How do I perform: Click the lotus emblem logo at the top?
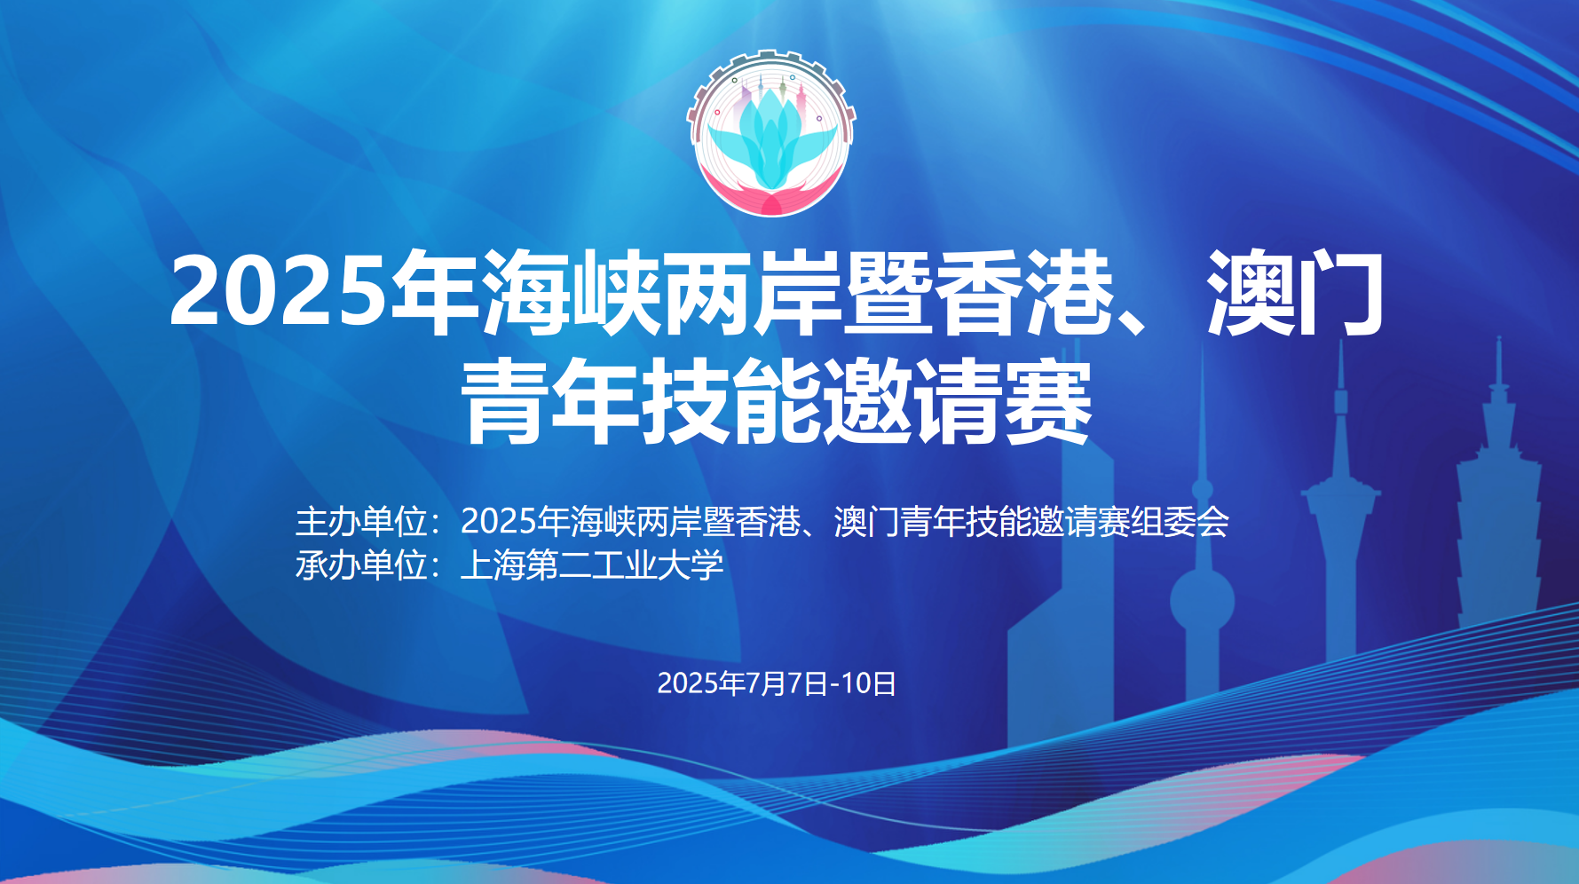(x=771, y=133)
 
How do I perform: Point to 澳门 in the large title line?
(x=1295, y=292)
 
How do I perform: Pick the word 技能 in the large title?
(x=730, y=401)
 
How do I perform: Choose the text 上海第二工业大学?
(x=592, y=565)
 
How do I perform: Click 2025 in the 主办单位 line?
(x=499, y=522)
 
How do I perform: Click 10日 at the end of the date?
(x=868, y=683)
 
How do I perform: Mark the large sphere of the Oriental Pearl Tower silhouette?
(x=1202, y=600)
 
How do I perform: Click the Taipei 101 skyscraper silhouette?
(x=1498, y=497)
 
